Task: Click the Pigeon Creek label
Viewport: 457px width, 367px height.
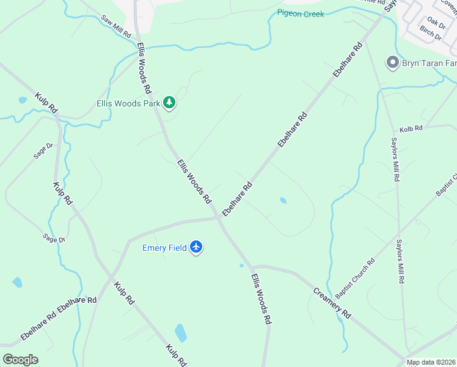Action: point(300,13)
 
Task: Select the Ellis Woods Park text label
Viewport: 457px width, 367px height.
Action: point(128,103)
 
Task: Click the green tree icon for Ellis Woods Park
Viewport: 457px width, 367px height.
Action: point(170,103)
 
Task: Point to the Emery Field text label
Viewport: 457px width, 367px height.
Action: point(164,248)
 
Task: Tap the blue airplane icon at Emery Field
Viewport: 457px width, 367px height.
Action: point(196,247)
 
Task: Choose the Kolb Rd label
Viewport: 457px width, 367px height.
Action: point(411,130)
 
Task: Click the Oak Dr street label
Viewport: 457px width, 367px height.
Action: point(436,23)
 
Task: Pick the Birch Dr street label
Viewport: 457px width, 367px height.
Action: point(431,34)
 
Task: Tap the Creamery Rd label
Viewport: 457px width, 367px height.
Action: point(333,303)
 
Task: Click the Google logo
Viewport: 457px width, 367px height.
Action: point(20,359)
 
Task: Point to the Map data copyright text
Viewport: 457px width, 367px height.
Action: point(430,362)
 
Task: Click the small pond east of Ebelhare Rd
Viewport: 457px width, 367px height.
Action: point(283,200)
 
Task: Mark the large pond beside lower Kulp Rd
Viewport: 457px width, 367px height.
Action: point(181,333)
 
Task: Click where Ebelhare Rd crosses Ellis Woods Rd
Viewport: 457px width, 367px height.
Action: point(218,217)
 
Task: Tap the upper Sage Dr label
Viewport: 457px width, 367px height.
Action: point(44,150)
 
